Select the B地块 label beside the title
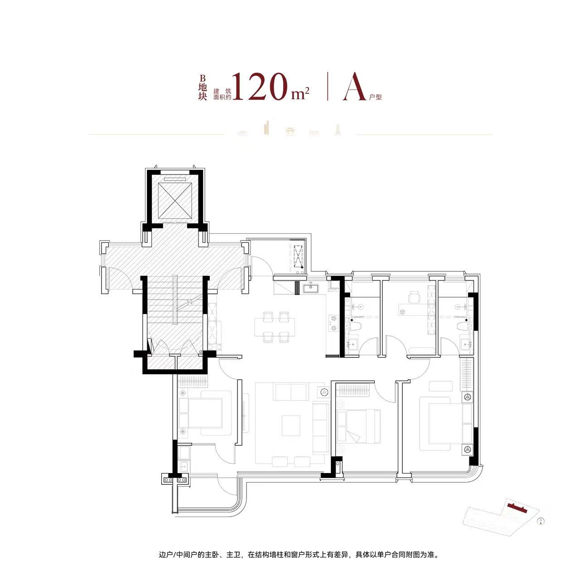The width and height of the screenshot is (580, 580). tap(203, 87)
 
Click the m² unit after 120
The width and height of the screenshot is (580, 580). tap(300, 93)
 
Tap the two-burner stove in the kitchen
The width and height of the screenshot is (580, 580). tap(333, 323)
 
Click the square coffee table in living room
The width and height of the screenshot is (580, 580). tap(291, 425)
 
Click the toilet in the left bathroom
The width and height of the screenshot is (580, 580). tap(355, 326)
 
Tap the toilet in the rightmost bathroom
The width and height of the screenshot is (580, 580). tap(462, 326)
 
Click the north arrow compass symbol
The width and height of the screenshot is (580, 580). tap(541, 521)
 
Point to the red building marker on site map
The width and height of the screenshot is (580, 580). tap(517, 507)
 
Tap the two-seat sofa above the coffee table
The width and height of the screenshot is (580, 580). tap(291, 391)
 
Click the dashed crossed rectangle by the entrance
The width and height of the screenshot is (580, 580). tap(298, 257)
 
